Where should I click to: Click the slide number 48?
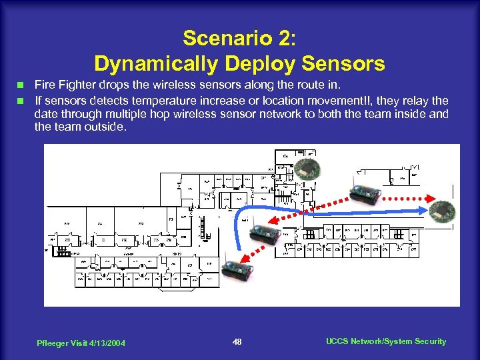[237, 342]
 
